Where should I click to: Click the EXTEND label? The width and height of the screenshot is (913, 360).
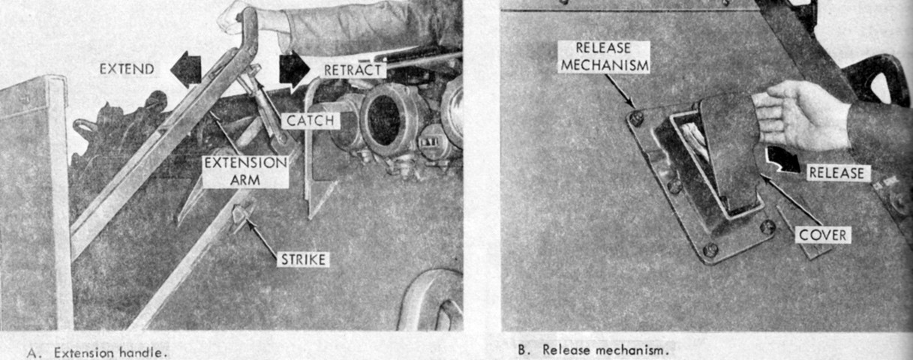pyautogui.click(x=127, y=69)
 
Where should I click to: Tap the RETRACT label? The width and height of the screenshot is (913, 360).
pyautogui.click(x=353, y=70)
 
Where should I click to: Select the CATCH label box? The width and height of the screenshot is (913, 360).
pyautogui.click(x=311, y=121)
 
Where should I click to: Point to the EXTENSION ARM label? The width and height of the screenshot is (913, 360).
pyautogui.click(x=246, y=171)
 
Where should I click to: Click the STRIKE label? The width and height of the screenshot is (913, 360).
pyautogui.click(x=303, y=259)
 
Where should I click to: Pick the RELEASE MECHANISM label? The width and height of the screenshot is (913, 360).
pyautogui.click(x=604, y=57)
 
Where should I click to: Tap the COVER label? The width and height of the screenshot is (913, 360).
pyautogui.click(x=823, y=235)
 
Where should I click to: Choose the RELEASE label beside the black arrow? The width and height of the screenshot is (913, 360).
pyautogui.click(x=836, y=172)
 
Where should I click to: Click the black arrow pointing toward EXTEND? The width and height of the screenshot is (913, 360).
pyautogui.click(x=186, y=69)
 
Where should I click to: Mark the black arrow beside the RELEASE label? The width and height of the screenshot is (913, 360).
pyautogui.click(x=782, y=160)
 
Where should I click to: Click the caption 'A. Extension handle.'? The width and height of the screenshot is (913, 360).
pyautogui.click(x=97, y=352)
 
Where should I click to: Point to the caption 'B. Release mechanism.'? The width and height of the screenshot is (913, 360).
pyautogui.click(x=594, y=349)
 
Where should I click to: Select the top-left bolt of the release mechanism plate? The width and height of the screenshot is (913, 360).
pyautogui.click(x=636, y=118)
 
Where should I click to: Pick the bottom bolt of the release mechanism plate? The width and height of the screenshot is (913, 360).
pyautogui.click(x=710, y=250)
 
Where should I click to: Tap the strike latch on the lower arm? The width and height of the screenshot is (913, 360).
pyautogui.click(x=241, y=216)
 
